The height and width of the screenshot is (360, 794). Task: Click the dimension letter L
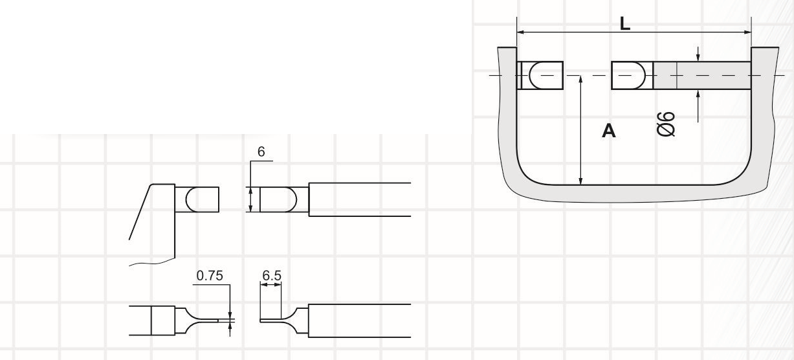point(625,24)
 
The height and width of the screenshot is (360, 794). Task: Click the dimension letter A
point(609,131)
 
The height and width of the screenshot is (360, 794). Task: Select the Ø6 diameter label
point(666,124)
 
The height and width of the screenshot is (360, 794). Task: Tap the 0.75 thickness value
point(210,276)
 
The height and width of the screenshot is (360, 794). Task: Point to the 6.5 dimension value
point(272,276)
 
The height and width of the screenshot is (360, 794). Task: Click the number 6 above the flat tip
point(261,152)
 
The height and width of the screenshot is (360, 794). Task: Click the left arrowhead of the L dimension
point(521,32)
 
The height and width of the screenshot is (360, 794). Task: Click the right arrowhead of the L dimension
point(747,32)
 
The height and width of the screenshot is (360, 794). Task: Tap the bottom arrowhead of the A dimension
point(580,181)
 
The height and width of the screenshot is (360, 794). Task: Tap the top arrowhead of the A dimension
point(580,79)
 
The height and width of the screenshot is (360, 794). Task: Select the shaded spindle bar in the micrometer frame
point(702,76)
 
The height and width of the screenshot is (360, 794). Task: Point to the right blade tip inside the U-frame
point(632,76)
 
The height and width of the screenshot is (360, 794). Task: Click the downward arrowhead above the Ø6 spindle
point(698,58)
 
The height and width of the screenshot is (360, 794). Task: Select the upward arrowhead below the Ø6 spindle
point(698,94)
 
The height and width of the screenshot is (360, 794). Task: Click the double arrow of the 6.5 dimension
point(270,284)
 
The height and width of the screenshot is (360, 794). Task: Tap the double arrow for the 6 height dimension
point(250,199)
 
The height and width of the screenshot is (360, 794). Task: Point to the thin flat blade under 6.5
point(270,321)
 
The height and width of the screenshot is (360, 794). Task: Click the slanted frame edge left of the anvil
point(140,212)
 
